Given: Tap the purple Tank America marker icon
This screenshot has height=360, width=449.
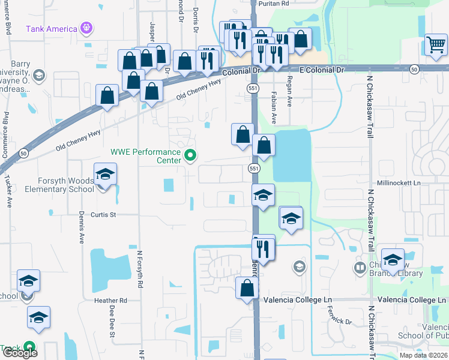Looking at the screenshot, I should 87,28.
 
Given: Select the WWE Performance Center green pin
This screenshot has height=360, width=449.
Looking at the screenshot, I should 191,156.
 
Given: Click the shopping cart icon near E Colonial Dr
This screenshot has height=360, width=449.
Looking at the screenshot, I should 435,44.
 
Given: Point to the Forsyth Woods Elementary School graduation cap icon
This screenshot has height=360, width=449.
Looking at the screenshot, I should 106,175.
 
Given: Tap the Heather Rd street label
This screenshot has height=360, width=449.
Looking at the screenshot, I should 110,300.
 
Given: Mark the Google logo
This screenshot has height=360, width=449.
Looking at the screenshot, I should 20,353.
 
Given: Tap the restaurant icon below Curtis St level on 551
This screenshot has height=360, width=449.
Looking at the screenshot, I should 264,248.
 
